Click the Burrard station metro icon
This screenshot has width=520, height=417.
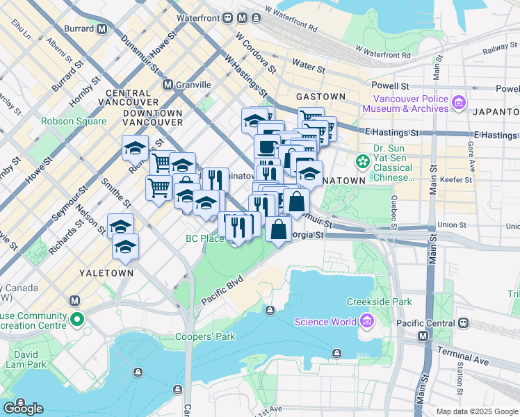(x=102, y=29)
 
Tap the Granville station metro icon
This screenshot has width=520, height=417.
(x=168, y=85)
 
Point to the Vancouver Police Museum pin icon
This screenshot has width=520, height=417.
(x=458, y=104)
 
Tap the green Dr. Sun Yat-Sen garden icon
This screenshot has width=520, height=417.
(x=362, y=162)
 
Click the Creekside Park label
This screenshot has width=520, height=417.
(x=379, y=302)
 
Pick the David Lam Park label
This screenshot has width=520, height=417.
(x=26, y=359)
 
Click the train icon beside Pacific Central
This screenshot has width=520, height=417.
(x=461, y=323)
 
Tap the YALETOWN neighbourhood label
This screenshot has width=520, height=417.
(x=106, y=273)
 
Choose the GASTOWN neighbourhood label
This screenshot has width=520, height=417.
(x=320, y=96)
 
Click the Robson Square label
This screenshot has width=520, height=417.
(x=74, y=121)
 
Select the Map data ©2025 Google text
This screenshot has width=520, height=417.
(x=476, y=411)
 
